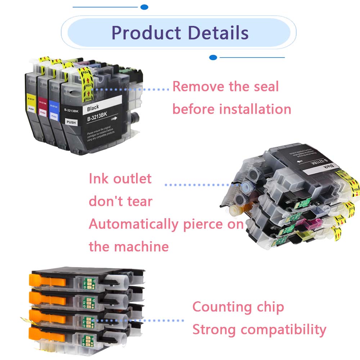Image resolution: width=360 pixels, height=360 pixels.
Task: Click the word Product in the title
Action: (x=146, y=33)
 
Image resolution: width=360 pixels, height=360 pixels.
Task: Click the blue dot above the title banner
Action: (x=144, y=7)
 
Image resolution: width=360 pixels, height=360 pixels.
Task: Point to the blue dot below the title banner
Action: (x=213, y=57)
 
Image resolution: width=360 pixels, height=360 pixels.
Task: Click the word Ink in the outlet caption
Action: (x=98, y=179)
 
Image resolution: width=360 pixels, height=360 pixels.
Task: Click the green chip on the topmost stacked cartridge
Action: (x=86, y=280)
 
